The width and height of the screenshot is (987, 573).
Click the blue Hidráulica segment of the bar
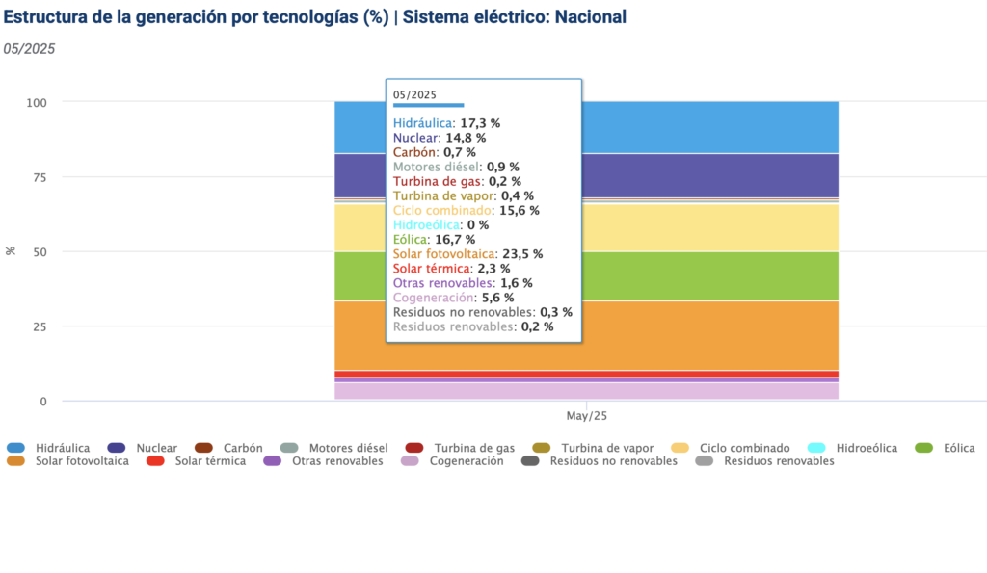click(x=709, y=127)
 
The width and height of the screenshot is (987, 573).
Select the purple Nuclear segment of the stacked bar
click(x=709, y=174)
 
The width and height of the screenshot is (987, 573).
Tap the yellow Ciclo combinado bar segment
click(x=709, y=227)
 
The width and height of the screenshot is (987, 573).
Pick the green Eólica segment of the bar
click(x=709, y=276)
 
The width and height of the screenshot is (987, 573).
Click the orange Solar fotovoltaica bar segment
click(x=709, y=335)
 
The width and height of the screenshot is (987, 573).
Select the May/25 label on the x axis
click(x=586, y=416)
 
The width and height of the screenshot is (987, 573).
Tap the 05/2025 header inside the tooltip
click(x=415, y=94)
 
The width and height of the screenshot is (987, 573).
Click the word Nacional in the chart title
click(x=590, y=17)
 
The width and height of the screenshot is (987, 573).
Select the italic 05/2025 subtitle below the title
click(x=29, y=49)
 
